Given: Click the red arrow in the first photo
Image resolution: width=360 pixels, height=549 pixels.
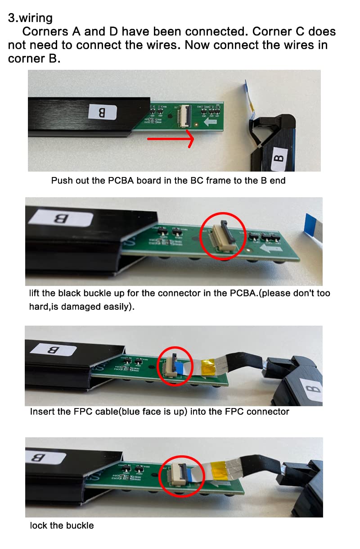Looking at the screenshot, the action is point(171,139).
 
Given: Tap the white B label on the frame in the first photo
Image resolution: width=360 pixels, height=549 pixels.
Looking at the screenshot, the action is point(102,112).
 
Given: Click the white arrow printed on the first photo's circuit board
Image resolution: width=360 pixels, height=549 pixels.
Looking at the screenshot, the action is point(210,122).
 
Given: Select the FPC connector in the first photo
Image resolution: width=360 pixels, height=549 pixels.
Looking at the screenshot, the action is point(185,116).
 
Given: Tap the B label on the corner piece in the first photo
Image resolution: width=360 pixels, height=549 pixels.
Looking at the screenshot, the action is point(279,159).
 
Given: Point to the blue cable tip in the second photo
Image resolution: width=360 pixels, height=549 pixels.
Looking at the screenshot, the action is point(310,225).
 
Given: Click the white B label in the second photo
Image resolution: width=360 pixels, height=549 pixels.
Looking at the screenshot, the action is point(61,218).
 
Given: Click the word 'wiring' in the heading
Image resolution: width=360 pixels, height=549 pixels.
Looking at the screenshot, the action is point(36,18).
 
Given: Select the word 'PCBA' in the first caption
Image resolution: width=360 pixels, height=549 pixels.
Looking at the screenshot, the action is point(121,181).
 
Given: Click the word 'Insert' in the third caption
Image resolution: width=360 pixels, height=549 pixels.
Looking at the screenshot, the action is point(42,412).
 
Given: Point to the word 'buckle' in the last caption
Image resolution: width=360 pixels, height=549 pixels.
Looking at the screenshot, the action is point(80,526).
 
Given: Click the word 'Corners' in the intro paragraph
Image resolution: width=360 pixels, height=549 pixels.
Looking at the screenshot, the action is point(45,32).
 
